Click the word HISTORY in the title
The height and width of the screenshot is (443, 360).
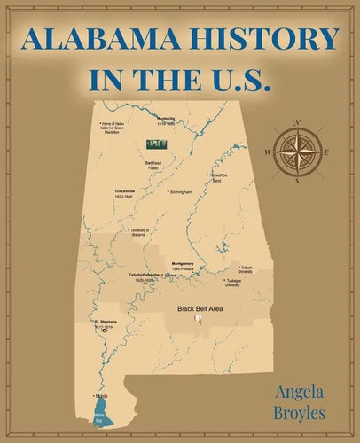(x=267, y=39)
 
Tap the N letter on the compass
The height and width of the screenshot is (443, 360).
(x=297, y=122)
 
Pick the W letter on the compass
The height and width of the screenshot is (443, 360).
(x=268, y=152)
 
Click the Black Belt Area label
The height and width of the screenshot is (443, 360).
(x=199, y=308)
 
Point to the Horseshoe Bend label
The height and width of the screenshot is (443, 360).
(x=222, y=177)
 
